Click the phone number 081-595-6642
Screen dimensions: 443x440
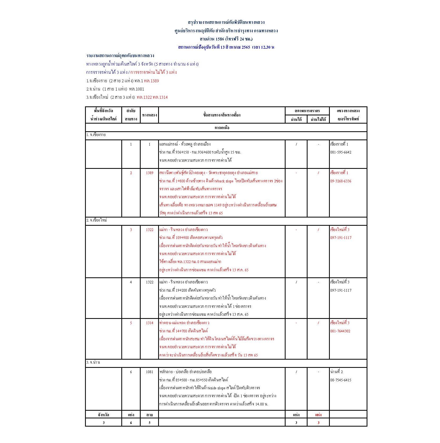(x=341, y=152)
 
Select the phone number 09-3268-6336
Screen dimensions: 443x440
(x=341, y=181)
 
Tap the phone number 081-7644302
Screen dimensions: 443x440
(x=340, y=331)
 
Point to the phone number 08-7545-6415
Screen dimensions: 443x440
(x=341, y=380)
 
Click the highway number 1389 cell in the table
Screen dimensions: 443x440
(x=149, y=173)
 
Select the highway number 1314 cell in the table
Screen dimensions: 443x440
(x=149, y=323)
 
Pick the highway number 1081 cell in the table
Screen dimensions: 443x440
(x=149, y=372)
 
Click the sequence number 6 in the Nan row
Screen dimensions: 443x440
(x=131, y=372)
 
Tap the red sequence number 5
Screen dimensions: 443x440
(x=131, y=323)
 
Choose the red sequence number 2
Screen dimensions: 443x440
(x=131, y=173)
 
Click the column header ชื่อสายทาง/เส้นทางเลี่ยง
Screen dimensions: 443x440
(x=222, y=115)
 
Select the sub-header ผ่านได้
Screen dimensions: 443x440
(x=296, y=119)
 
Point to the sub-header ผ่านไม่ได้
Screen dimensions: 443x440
(x=318, y=119)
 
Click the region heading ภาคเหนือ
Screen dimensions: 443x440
(x=222, y=128)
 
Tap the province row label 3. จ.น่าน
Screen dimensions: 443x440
(x=93, y=362)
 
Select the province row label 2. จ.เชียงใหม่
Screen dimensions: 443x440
(x=97, y=220)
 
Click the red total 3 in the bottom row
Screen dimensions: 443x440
(x=318, y=422)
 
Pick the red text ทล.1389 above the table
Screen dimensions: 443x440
(x=151, y=81)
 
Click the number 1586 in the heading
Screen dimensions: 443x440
(x=220, y=39)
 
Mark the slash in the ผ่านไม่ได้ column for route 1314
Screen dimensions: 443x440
(x=318, y=323)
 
